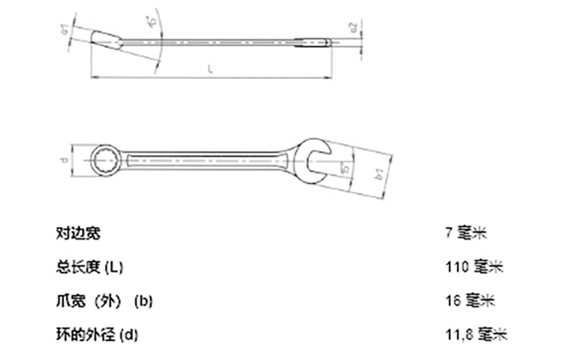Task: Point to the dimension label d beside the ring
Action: pos(64,159)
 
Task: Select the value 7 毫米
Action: pos(466,234)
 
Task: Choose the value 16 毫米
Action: pos(470,301)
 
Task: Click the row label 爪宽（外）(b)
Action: pos(104,301)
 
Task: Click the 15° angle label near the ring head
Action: pos(150,22)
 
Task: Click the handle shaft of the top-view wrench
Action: pos(207,158)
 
